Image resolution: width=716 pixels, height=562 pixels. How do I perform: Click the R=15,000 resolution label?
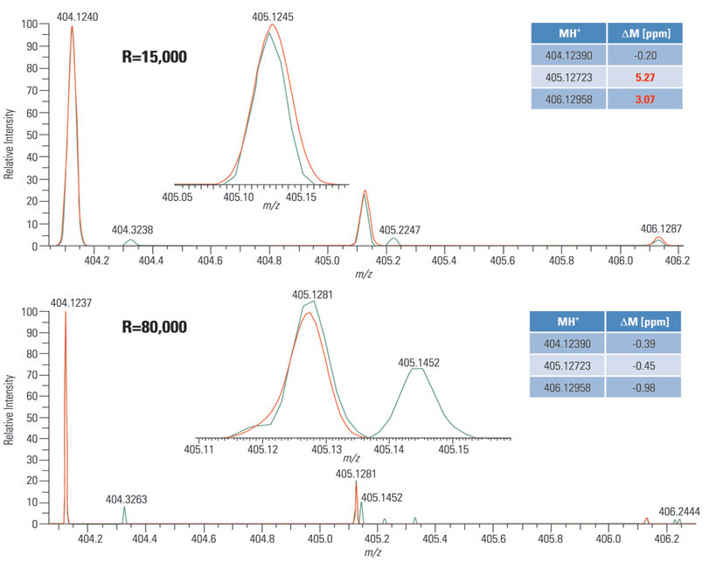tap(154, 58)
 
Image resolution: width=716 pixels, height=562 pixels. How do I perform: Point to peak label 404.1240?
tap(77, 17)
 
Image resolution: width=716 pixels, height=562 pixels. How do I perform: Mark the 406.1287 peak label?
tap(661, 229)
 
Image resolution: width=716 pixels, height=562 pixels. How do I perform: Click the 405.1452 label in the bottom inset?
tap(419, 361)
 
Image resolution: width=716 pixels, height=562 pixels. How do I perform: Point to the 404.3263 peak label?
tap(127, 500)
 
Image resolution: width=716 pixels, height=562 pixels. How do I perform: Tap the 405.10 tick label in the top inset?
tap(238, 198)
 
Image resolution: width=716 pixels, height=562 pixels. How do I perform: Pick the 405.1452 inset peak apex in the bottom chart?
tap(419, 369)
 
